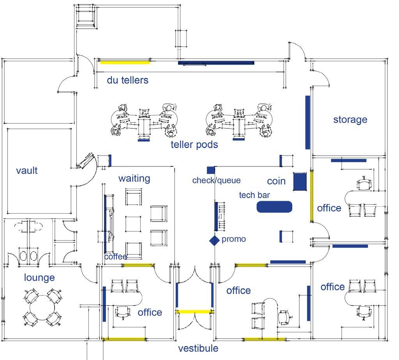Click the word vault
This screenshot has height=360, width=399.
(27, 170)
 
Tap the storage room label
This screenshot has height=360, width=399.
(350, 119)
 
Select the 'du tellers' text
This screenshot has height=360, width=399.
(128, 80)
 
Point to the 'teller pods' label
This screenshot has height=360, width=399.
(194, 145)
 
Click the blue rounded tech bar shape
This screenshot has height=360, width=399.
(274, 207)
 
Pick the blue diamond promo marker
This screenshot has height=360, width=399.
(214, 241)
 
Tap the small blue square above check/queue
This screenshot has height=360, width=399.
(211, 170)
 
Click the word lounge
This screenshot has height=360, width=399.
(39, 277)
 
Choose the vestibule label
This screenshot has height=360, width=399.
(198, 348)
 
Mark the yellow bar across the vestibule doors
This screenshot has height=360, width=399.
(194, 312)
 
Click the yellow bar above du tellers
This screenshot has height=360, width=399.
(125, 62)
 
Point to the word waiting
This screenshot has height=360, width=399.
(134, 178)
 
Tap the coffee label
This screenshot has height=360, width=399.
(116, 257)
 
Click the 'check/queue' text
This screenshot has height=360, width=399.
(216, 181)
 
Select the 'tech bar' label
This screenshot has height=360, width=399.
(254, 195)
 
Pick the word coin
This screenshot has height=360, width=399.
(276, 181)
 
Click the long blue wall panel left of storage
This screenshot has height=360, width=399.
(307, 122)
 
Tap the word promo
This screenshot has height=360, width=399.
(234, 239)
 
